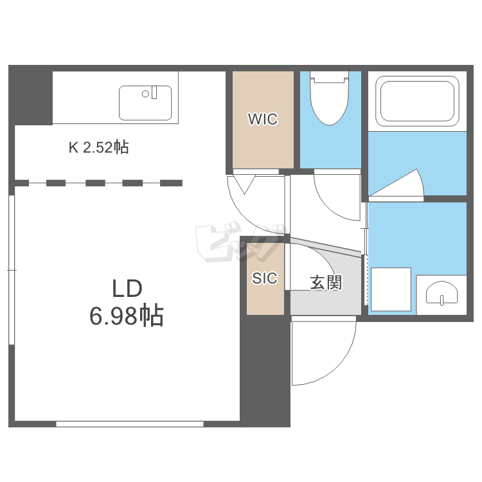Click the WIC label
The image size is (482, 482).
pos(263,119)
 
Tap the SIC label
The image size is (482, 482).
pos(265,278)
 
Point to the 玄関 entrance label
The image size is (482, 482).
pos(326,283)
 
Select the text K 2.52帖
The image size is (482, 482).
pos(99,147)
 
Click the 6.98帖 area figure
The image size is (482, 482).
pos(127,316)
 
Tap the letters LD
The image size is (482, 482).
pos(127,289)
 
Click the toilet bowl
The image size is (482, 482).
pos(329,98)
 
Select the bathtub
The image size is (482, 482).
pos(417,101)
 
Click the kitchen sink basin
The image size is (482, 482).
pos(145,103)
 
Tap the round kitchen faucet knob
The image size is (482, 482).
pos(145,94)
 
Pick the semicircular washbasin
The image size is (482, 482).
pos(442,293)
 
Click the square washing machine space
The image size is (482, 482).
pos(391,289)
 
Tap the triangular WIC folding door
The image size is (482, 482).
pos(244,184)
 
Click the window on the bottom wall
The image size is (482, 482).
pos(130,424)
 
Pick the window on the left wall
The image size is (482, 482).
pos(12,269)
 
